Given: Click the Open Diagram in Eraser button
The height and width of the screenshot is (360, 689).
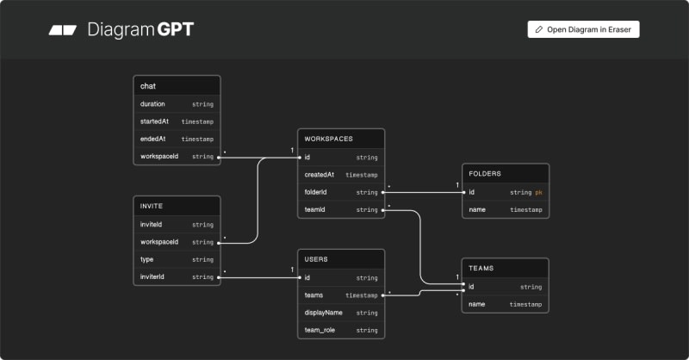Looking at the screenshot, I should [583, 29].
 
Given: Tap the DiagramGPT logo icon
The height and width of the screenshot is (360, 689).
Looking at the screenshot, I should [63, 30].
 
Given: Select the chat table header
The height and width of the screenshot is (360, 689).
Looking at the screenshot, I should [148, 86].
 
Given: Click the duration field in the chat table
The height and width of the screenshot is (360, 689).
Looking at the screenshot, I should [152, 104].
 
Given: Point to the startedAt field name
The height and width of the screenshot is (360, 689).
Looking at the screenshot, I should [155, 121].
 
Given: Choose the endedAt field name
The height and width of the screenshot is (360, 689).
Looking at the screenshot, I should [152, 139].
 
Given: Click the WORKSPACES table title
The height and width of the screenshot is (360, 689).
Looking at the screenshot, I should [329, 139].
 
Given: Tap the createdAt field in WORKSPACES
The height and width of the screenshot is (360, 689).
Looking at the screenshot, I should [320, 175].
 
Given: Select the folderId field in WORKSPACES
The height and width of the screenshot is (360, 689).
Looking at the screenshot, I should [318, 192].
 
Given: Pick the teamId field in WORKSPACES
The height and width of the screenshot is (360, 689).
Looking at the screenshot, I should [316, 209].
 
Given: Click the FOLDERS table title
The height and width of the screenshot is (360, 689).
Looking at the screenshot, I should [485, 174].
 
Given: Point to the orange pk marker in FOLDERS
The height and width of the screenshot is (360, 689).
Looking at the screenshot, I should [538, 192].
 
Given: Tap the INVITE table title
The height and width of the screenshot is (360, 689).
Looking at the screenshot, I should [152, 207].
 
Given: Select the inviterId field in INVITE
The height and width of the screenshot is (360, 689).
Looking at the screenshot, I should [152, 276].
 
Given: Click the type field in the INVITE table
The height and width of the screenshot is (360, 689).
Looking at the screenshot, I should [147, 259].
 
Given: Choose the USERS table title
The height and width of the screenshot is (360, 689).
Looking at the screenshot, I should [317, 259].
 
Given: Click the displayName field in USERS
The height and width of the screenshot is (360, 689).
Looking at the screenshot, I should [324, 313].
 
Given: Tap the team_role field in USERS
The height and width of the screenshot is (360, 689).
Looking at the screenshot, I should [320, 330].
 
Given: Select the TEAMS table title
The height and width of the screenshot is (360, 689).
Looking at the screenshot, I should [481, 269].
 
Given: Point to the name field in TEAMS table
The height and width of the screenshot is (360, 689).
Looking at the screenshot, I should [477, 304].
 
